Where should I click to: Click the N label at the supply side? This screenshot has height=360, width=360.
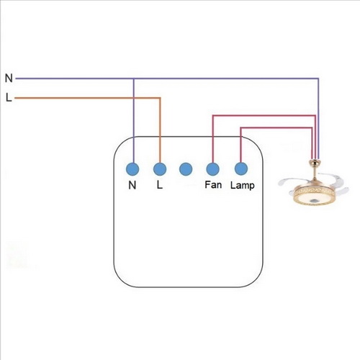pos(9,78)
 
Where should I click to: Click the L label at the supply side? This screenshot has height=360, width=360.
pos(9,98)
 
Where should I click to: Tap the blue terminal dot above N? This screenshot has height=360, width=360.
pos(132,169)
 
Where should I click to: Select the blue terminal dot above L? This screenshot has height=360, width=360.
pos(160,169)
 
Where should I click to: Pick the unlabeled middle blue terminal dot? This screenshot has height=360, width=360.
pos(186,169)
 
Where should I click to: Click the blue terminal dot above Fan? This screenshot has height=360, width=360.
pos(212,169)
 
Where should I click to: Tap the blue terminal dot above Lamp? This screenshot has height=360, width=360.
pos(240,169)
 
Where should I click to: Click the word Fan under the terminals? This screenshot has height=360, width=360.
pos(213,185)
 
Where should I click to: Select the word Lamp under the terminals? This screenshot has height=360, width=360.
pos(243,186)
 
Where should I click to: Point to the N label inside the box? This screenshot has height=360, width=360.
pos(132,185)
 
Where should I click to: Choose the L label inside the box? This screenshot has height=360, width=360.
pos(160,185)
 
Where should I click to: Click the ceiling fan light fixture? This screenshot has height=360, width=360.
pos(314,183)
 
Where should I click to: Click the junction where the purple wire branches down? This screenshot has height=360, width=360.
pos(134,78)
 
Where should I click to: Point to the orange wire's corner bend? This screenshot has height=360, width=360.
pos(160,98)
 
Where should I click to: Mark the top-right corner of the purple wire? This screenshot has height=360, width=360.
pos(318,78)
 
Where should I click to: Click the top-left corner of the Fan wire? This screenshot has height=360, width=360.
pos(212,116)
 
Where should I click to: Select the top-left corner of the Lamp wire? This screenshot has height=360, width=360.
pos(241,127)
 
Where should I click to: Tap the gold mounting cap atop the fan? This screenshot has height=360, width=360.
pos(315,163)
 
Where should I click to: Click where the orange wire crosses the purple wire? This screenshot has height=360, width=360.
pos(134,98)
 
